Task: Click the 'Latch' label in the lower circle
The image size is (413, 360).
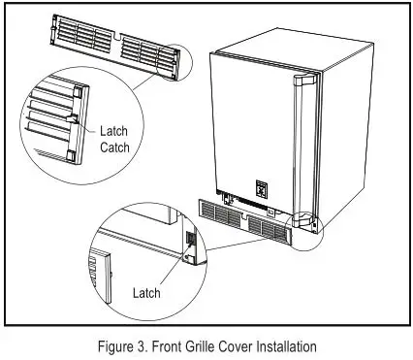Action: coord(147,291)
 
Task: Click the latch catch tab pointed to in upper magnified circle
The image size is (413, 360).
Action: coord(74,122)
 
